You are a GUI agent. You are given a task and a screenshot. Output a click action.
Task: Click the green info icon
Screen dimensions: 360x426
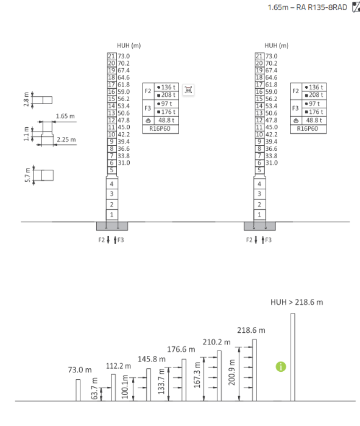coord(281,367)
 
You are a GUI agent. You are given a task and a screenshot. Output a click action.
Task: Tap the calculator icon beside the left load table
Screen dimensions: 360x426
coord(188,89)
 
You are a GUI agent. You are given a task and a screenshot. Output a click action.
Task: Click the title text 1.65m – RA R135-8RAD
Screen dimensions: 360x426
coord(307,7)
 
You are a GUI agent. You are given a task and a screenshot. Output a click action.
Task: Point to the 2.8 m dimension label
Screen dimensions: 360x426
coord(26,99)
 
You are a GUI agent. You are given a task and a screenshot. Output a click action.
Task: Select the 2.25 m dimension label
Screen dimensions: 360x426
coord(66,139)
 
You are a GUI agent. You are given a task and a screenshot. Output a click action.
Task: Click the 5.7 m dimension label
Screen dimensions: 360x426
coord(27,175)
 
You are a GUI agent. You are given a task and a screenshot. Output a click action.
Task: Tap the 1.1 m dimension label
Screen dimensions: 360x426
coord(26,134)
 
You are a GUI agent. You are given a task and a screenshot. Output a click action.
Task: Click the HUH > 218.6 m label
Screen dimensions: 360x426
coord(297,302)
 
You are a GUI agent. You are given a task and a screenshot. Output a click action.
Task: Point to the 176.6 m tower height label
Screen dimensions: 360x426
coord(181,349)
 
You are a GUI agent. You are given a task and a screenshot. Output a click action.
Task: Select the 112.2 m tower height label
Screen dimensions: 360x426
coord(119,366)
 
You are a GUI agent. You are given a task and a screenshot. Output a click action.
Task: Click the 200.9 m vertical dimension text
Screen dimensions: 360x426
coord(231,372)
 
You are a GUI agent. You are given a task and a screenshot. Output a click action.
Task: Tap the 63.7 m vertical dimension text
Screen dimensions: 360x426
coord(94,388)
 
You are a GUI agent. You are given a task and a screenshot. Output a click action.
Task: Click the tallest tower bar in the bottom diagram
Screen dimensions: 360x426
coord(293,357)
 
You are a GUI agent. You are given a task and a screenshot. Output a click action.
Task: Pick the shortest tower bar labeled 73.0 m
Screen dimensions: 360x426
coord(78,390)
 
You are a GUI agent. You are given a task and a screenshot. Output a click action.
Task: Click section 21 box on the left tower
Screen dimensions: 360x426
coord(111,56)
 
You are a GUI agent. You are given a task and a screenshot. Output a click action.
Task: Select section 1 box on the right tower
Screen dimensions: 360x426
coord(259,215)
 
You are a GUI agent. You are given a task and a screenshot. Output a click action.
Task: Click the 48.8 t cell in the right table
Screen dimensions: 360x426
coord(314,120)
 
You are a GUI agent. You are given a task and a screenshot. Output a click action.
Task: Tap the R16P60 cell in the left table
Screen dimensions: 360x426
coord(160,129)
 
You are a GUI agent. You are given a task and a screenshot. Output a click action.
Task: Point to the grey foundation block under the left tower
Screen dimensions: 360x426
coord(112,226)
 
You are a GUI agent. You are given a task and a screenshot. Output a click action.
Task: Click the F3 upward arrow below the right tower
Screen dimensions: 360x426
coord(263,240)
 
